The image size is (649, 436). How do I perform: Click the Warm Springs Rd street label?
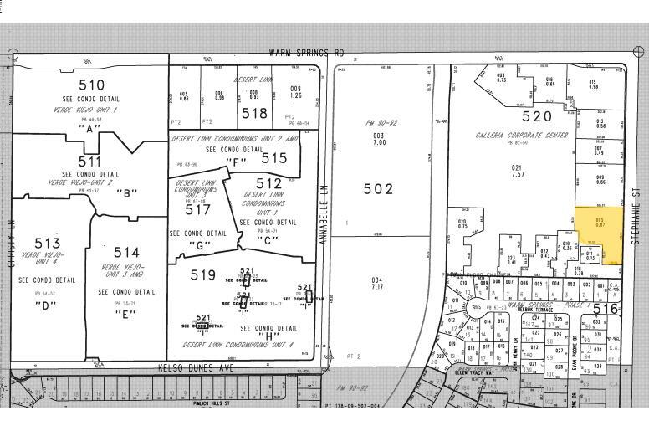pos(306,52)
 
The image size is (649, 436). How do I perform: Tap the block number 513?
pos(48,244)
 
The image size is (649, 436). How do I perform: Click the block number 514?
pos(126,252)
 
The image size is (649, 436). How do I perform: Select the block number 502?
pos(378,189)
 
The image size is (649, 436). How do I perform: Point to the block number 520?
pos(538,117)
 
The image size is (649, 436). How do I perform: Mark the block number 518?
pos(254,114)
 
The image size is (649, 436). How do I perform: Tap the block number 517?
pos(192,213)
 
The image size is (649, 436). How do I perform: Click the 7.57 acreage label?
pos(517,175)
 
